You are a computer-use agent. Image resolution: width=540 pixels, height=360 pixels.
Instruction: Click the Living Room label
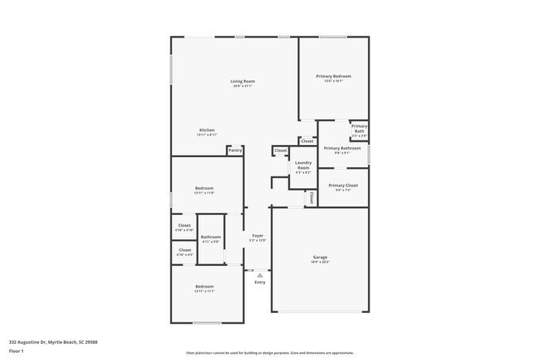(242, 81)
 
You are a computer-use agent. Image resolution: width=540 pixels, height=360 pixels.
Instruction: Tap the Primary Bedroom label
(333, 76)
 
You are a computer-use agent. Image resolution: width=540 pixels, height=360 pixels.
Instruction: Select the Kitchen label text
(207, 130)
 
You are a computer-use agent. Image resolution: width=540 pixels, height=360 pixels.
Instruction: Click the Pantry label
(235, 150)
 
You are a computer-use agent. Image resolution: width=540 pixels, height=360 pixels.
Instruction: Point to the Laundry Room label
(303, 165)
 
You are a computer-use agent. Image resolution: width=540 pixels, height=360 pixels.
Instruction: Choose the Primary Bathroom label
(342, 148)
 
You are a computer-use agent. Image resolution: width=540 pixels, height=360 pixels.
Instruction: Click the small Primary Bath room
(359, 130)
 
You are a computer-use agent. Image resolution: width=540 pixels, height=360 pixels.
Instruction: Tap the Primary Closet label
(343, 186)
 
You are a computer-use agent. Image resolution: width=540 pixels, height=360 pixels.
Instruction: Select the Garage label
(319, 257)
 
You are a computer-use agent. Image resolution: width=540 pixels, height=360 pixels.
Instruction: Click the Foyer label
(258, 236)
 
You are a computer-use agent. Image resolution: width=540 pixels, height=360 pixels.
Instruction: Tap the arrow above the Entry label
(260, 274)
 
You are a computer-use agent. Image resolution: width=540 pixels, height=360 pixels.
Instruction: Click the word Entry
(260, 282)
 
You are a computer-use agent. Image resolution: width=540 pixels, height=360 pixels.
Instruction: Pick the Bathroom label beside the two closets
(211, 237)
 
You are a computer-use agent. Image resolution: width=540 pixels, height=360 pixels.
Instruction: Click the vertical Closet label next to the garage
(312, 197)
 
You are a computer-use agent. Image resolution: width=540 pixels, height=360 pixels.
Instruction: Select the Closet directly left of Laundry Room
(280, 150)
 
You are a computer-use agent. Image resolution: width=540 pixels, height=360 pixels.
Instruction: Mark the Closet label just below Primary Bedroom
(307, 141)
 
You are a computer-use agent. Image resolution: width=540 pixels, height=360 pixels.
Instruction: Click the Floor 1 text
(16, 352)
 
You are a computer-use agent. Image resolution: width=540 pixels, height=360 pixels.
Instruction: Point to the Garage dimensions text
(319, 262)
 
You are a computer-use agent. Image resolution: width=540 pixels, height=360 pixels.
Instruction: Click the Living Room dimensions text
(242, 86)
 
